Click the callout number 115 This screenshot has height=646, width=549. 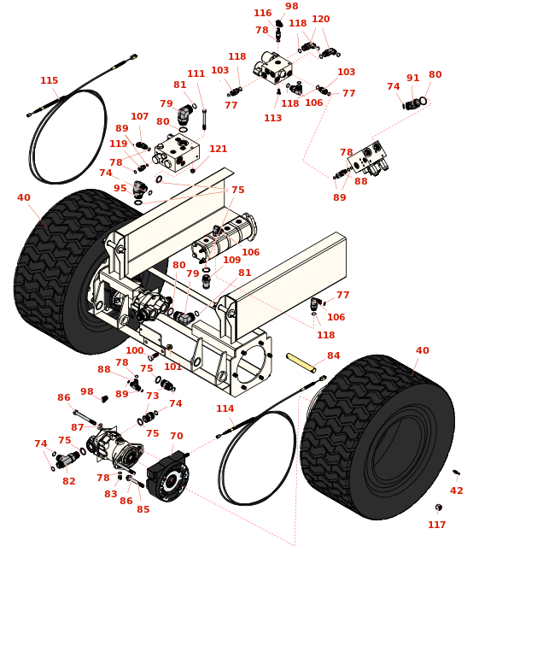[50, 81]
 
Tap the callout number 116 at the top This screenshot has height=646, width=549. [262, 14]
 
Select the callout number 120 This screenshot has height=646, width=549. [320, 20]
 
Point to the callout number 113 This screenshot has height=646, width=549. [272, 119]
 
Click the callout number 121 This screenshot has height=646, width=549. [219, 150]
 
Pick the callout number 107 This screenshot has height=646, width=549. [139, 117]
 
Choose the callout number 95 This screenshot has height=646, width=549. [120, 189]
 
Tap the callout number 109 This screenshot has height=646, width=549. [231, 261]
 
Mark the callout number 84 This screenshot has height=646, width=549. [333, 356]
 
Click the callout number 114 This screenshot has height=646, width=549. [225, 409]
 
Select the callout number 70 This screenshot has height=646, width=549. [176, 437]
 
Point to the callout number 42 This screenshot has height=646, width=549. [457, 491]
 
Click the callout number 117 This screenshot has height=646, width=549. [436, 526]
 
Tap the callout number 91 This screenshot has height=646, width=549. [413, 79]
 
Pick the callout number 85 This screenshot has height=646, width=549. [143, 510]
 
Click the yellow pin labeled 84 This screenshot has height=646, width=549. [301, 362]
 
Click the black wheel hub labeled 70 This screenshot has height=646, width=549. [167, 477]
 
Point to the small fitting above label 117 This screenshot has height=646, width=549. [439, 508]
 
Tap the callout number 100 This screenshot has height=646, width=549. [135, 351]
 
